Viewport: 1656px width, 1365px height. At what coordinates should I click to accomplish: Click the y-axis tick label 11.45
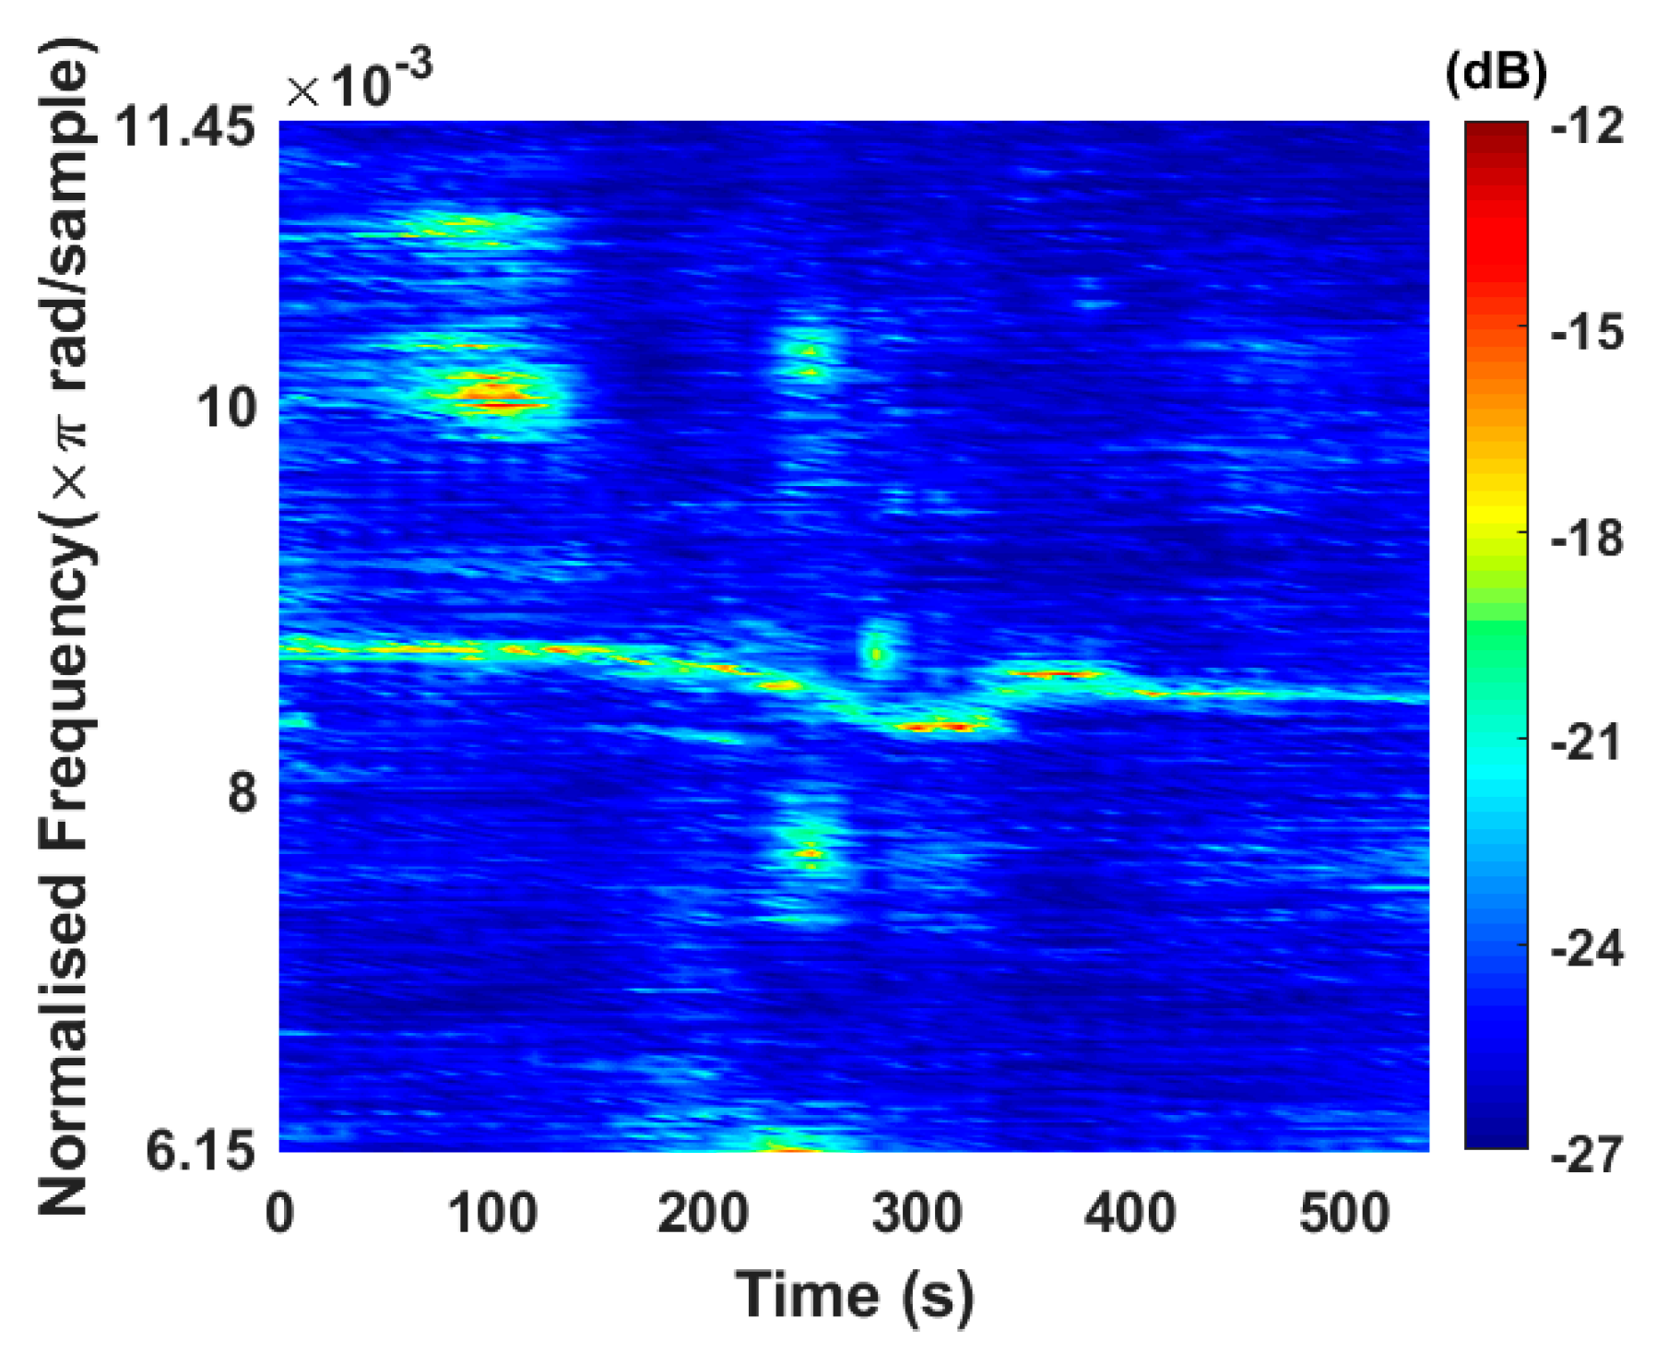[x=183, y=127]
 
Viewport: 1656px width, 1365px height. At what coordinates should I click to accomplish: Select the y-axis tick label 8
[x=242, y=791]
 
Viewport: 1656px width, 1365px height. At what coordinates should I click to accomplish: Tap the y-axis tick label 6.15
[x=200, y=1151]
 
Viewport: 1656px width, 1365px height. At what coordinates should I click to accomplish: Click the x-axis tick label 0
[x=279, y=1214]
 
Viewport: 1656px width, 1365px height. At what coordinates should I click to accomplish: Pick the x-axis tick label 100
[x=492, y=1214]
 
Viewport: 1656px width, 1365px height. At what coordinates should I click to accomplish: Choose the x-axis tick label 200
[x=703, y=1214]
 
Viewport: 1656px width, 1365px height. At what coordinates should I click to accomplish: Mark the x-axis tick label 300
[x=917, y=1214]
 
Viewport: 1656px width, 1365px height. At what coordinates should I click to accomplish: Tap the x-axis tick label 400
[x=1130, y=1214]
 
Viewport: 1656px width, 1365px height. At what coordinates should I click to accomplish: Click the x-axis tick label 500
[x=1343, y=1214]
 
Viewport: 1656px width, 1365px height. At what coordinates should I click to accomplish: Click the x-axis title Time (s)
[x=854, y=1297]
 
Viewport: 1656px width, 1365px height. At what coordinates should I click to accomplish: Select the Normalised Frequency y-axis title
[x=66, y=627]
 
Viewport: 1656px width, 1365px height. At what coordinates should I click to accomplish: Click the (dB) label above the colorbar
[x=1496, y=72]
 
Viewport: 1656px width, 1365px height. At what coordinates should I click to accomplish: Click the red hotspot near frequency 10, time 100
[x=493, y=397]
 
